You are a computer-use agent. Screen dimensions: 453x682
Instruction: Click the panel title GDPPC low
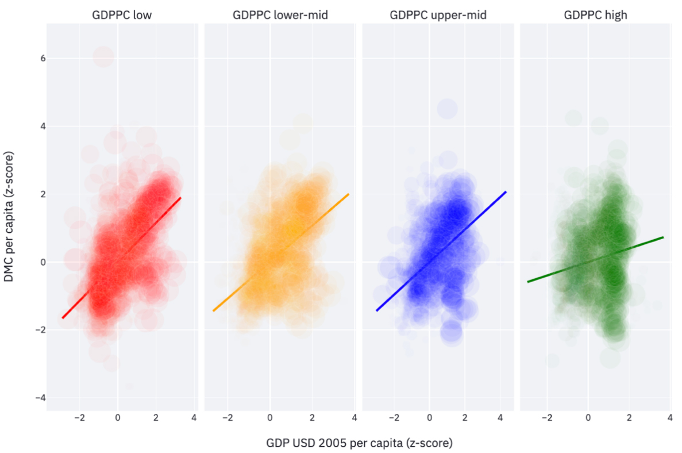[122, 16]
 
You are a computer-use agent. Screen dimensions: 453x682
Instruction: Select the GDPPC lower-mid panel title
[280, 16]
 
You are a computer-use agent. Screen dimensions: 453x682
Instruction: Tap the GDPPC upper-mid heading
[438, 16]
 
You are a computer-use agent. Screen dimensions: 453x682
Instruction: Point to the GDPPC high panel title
[595, 16]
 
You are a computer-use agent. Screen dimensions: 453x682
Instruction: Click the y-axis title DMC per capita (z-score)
[10, 217]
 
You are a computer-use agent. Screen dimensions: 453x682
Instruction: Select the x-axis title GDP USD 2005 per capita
[359, 443]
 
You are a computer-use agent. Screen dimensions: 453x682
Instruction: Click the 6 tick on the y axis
[35, 58]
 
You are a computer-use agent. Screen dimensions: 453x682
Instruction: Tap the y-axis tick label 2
[35, 194]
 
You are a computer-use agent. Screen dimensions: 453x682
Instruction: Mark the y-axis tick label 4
[35, 126]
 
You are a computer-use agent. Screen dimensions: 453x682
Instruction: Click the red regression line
[121, 258]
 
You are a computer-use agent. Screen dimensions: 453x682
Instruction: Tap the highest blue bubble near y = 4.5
[447, 108]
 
